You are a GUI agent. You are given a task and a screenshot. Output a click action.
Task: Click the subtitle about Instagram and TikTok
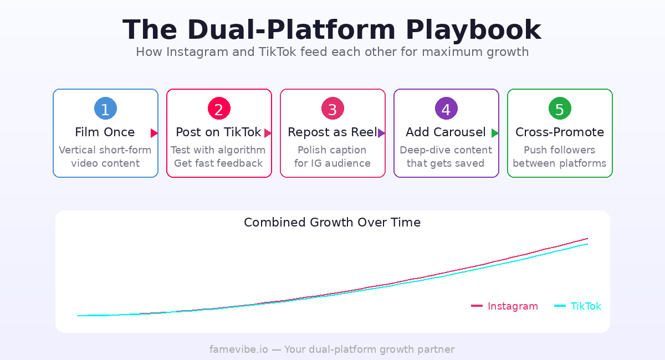tap(332, 52)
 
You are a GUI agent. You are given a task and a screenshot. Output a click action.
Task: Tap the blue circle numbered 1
tap(105, 109)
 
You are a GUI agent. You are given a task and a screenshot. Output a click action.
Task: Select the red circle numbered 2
tap(219, 109)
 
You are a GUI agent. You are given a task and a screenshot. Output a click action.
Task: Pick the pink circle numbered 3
tap(332, 109)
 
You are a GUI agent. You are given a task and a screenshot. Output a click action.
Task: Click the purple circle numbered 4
tap(446, 109)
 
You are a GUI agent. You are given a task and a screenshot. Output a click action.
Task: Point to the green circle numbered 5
tap(560, 109)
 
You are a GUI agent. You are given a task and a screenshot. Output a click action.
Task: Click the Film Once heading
tap(105, 132)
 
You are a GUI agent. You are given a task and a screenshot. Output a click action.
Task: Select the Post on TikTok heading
tap(218, 132)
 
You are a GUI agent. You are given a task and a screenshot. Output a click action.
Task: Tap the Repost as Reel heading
tap(332, 132)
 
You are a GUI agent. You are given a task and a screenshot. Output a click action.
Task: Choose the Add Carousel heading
tap(446, 132)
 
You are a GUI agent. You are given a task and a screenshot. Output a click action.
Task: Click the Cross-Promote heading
tap(560, 132)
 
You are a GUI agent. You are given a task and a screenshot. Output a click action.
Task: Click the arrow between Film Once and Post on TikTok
tap(154, 133)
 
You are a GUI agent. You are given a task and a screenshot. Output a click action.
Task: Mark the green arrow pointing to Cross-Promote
tap(495, 133)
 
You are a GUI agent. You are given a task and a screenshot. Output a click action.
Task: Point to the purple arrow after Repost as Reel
tap(381, 133)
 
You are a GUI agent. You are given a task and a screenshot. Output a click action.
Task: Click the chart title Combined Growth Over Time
tap(332, 223)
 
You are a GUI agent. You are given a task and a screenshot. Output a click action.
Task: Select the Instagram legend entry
tap(505, 306)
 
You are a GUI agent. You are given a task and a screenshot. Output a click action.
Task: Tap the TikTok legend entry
tap(578, 306)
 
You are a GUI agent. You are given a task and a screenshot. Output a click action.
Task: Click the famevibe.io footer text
tap(332, 349)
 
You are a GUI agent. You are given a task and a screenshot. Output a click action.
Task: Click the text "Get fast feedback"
tap(218, 163)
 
